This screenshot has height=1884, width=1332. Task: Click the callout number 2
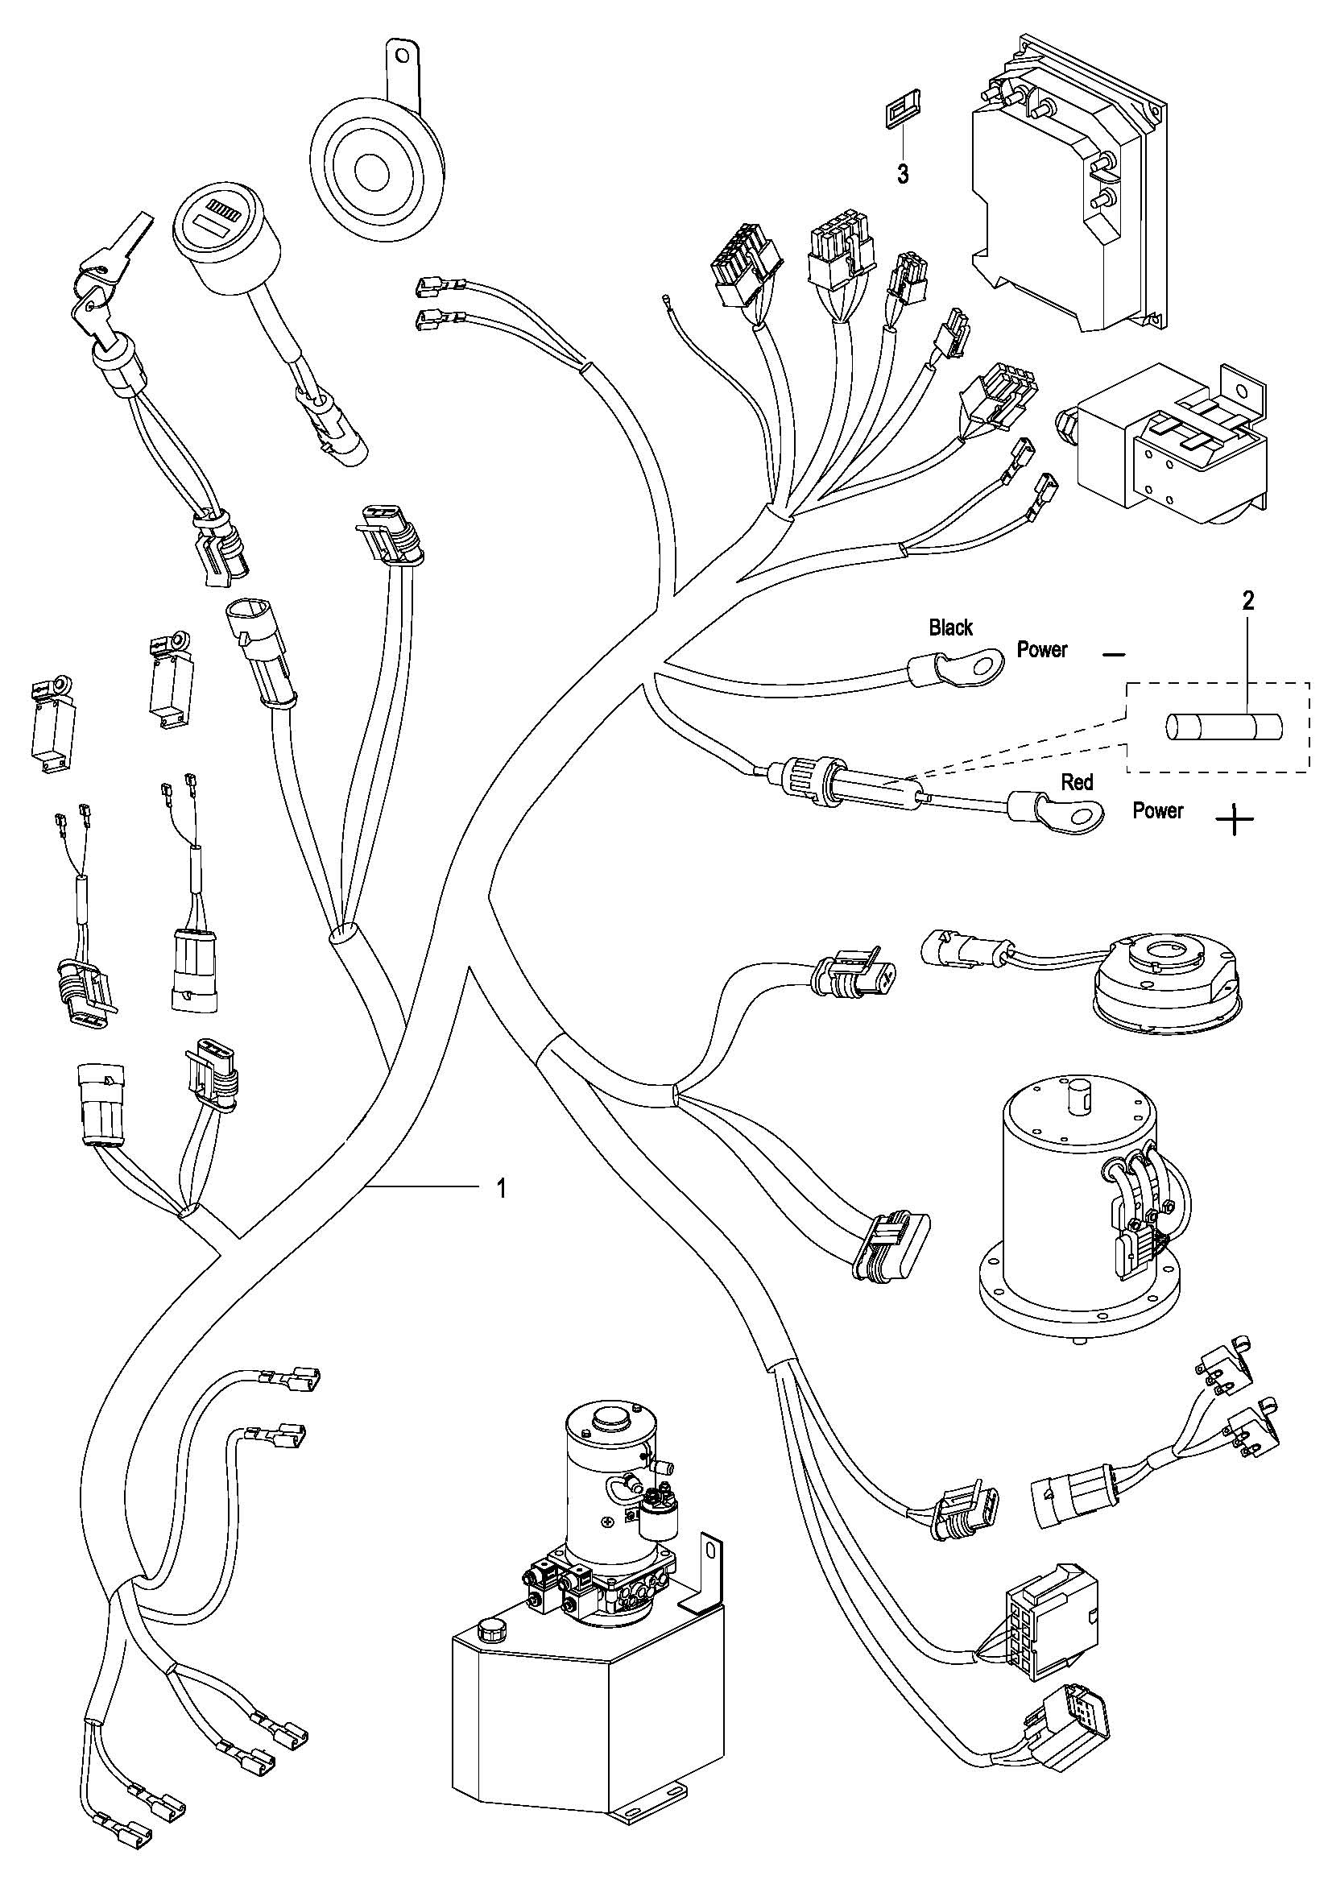pyautogui.click(x=1247, y=602)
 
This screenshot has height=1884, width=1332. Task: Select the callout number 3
pyautogui.click(x=902, y=174)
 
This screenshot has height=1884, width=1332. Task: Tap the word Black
pyautogui.click(x=950, y=627)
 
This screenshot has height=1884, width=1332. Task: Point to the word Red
pyautogui.click(x=1077, y=782)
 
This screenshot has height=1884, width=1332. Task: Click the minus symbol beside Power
pyautogui.click(x=1114, y=655)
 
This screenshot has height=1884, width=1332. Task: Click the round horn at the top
pyautogui.click(x=376, y=168)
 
